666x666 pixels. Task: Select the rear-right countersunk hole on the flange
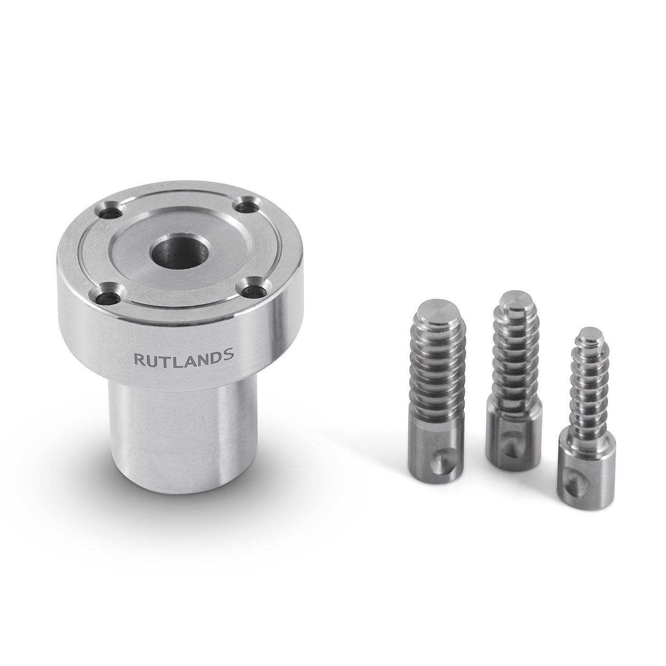(245, 207)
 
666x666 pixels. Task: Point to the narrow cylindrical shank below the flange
(181, 438)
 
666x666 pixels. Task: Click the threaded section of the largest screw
(436, 371)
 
